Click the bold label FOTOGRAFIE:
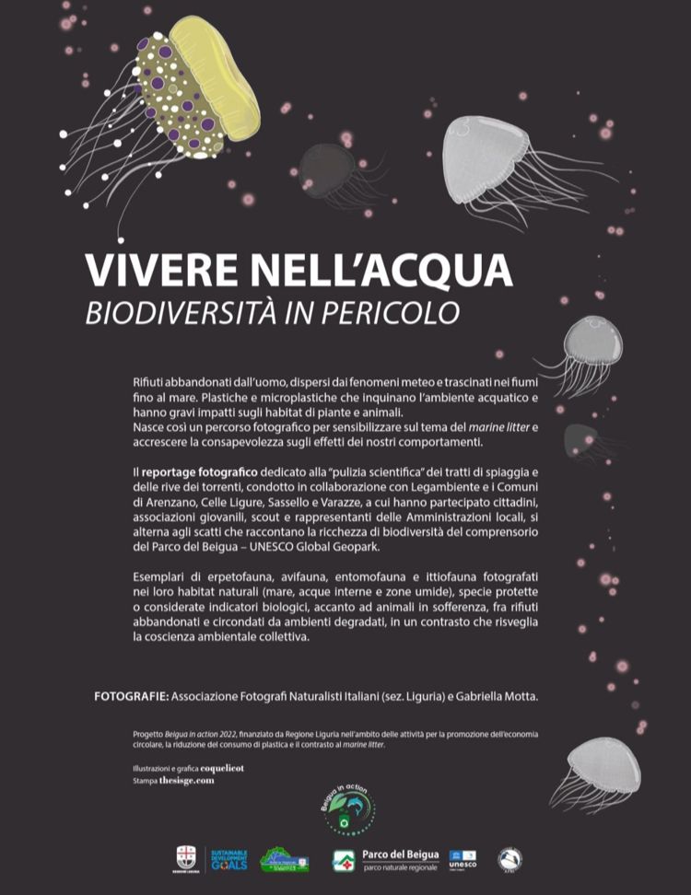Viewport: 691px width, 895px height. point(130,696)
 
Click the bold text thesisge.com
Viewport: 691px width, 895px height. point(187,780)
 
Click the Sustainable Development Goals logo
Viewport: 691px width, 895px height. point(228,860)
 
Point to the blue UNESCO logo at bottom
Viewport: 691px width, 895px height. point(463,859)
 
